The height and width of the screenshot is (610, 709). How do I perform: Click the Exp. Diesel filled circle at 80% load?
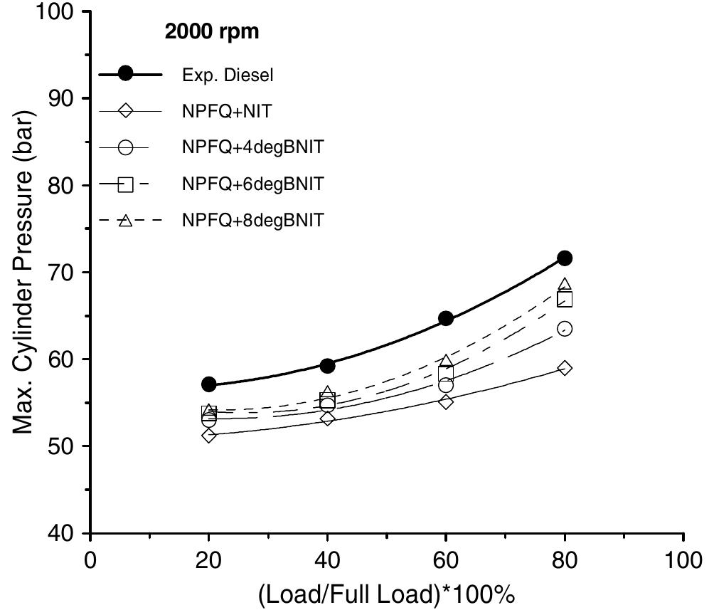(x=565, y=258)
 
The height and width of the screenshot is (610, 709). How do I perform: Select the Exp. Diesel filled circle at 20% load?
(x=209, y=384)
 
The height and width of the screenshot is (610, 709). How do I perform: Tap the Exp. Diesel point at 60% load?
(x=446, y=318)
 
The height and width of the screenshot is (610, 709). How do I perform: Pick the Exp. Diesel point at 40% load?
(x=327, y=366)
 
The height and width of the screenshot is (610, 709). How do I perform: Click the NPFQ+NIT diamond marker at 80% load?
(x=565, y=368)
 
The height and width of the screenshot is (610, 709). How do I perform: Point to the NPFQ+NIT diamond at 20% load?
(x=209, y=435)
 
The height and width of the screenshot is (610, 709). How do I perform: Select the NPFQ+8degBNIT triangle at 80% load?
(x=565, y=285)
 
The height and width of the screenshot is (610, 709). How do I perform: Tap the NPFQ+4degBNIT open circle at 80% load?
(x=565, y=328)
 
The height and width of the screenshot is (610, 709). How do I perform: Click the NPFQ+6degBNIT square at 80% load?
(x=565, y=299)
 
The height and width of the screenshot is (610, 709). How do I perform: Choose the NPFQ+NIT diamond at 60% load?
(x=446, y=401)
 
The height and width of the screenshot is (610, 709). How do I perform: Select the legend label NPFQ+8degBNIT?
(x=252, y=220)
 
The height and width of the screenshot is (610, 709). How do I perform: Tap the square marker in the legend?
(x=125, y=184)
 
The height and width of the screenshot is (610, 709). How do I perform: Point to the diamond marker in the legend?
(x=125, y=111)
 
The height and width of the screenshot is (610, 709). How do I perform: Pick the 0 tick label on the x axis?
(x=90, y=558)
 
